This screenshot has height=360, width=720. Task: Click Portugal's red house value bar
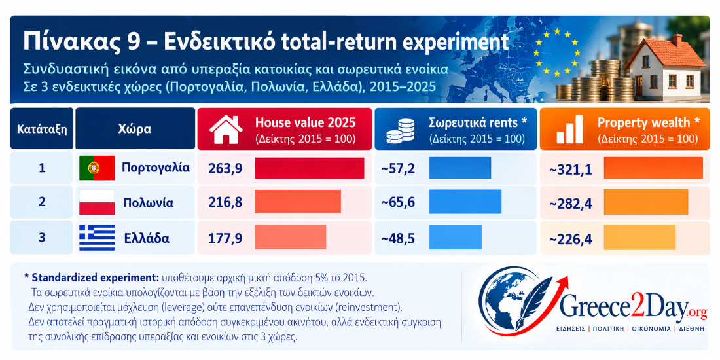[309, 168]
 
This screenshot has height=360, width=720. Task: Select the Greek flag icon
[97, 238]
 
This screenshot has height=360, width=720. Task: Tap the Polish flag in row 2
[97, 202]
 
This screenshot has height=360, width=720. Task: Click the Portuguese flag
[97, 168]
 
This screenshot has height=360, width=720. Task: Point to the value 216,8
[225, 202]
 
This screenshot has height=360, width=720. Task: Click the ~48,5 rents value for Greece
[398, 238]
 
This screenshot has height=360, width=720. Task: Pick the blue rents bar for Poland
[465, 202]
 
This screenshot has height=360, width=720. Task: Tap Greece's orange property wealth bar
[639, 238]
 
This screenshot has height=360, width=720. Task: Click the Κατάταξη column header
[42, 129]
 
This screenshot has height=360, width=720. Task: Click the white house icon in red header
[226, 130]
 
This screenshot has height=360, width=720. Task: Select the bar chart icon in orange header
[569, 130]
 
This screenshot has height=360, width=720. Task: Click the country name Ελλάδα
[147, 238]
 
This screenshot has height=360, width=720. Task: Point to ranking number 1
[42, 168]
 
